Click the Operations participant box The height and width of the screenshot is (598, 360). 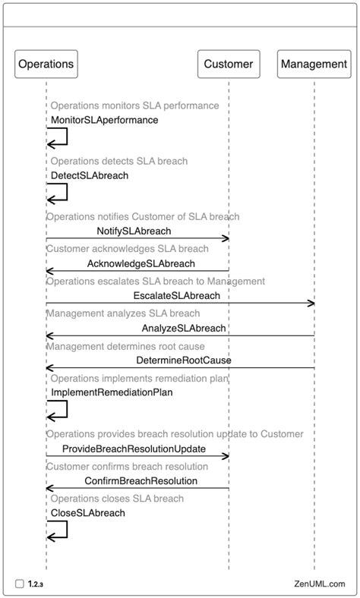click(x=46, y=64)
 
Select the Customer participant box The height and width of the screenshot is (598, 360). click(x=229, y=64)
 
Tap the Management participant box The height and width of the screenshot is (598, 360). click(x=314, y=64)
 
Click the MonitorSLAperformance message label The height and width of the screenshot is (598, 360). click(x=104, y=120)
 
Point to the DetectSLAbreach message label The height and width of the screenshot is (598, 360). click(x=89, y=175)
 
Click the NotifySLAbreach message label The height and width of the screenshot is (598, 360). click(x=134, y=231)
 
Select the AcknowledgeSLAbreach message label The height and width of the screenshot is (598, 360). click(x=141, y=263)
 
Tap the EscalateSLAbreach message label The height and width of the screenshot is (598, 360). click(x=177, y=295)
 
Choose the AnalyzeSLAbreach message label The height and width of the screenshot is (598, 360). click(x=183, y=328)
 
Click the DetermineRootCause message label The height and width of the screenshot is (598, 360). click(x=183, y=360)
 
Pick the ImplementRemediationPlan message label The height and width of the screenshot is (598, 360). click(x=112, y=392)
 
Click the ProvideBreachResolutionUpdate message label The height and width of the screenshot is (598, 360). click(x=133, y=448)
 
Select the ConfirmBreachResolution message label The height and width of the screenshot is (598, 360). click(x=141, y=480)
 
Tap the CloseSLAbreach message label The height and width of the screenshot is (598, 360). click(x=87, y=513)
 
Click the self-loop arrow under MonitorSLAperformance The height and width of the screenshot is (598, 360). click(x=58, y=137)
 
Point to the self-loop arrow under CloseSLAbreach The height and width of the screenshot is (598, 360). click(x=58, y=530)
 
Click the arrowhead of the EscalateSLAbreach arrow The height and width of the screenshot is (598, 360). click(x=311, y=304)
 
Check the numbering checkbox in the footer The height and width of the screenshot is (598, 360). click(x=19, y=584)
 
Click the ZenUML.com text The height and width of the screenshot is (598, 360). click(x=319, y=584)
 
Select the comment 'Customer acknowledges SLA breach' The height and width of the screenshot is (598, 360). click(x=127, y=249)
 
